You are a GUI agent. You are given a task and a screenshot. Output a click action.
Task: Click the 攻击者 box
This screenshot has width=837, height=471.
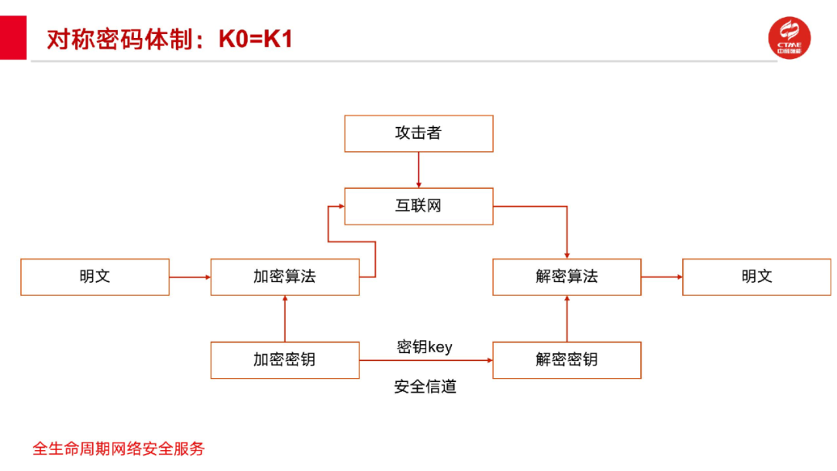click(x=418, y=133)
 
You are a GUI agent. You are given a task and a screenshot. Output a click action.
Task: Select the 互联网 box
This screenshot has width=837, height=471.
click(x=418, y=206)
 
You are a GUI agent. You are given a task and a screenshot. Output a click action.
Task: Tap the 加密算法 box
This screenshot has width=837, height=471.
click(x=284, y=277)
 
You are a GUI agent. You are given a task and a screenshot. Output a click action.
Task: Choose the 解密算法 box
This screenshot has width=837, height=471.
click(x=567, y=277)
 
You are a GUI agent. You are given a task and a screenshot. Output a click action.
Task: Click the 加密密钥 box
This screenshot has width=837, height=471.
click(x=284, y=359)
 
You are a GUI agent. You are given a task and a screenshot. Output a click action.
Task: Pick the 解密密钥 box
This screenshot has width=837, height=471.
click(x=567, y=359)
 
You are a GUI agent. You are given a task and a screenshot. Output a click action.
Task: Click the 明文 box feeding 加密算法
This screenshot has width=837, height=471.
click(x=95, y=277)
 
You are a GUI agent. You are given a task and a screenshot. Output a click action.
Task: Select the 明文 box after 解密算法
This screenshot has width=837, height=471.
click(x=756, y=277)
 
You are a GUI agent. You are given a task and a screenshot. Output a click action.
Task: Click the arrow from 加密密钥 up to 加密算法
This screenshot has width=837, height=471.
click(x=285, y=318)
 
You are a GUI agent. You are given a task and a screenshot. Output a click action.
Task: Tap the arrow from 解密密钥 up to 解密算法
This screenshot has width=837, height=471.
click(x=567, y=318)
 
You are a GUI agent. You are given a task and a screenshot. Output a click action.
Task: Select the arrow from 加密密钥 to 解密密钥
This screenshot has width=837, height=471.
click(x=425, y=360)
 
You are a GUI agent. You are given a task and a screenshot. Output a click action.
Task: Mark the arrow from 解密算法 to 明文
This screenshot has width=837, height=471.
click(x=661, y=277)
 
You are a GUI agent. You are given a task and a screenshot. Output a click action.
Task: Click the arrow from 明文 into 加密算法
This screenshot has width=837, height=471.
click(x=189, y=277)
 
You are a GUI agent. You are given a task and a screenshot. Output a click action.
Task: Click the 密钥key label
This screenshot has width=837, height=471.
click(x=424, y=346)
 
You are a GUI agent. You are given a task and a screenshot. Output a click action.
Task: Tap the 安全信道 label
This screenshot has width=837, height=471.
click(x=425, y=386)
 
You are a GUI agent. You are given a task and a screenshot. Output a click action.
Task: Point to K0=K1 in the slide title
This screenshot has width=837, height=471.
click(x=256, y=40)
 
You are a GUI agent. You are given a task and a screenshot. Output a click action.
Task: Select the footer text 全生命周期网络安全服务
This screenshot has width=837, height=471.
click(x=119, y=449)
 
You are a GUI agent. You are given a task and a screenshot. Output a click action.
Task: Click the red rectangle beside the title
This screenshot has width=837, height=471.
click(x=12, y=37)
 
